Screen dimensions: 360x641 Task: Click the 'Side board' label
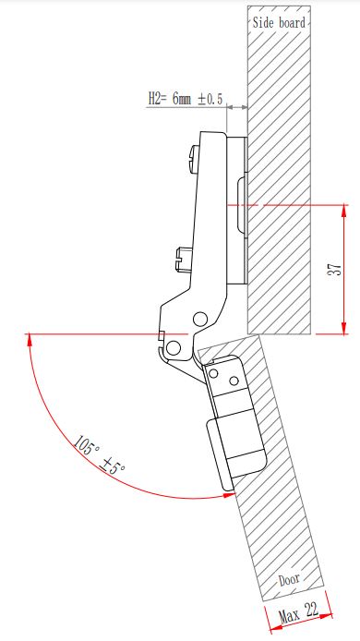[279, 22]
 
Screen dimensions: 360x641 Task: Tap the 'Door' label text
[289, 578]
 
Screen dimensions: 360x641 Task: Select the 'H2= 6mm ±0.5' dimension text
[186, 99]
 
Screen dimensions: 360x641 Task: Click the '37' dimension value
[335, 269]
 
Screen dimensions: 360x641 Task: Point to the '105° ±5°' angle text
[100, 455]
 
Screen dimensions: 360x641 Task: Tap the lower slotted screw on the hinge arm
[181, 260]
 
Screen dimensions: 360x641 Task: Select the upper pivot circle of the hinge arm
[200, 319]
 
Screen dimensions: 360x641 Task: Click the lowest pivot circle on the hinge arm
[174, 348]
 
